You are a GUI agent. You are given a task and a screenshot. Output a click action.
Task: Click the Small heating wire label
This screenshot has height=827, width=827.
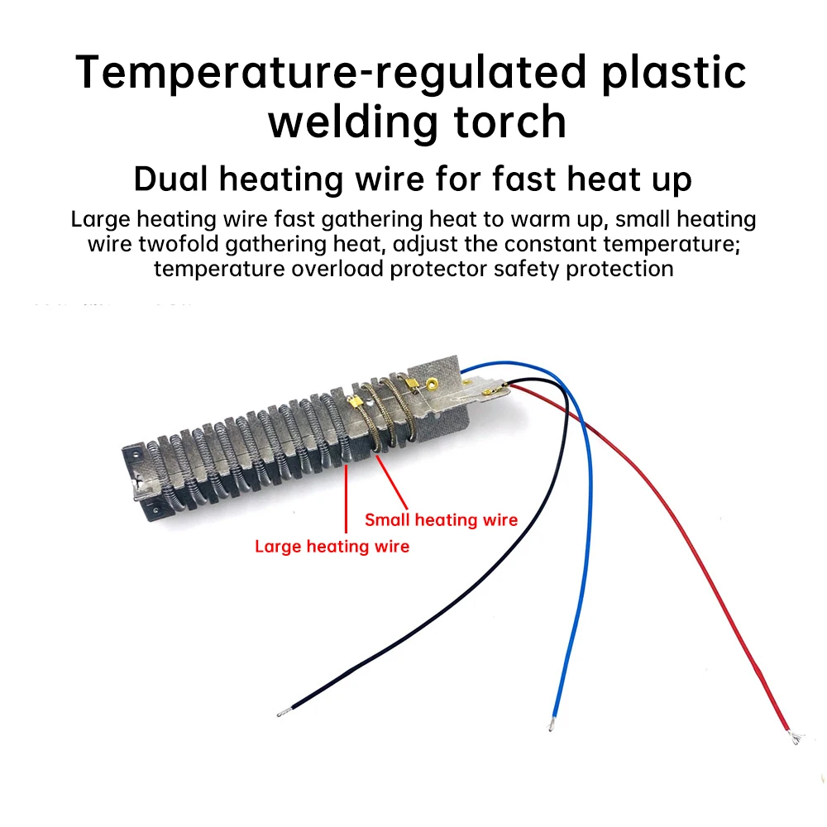(441, 519)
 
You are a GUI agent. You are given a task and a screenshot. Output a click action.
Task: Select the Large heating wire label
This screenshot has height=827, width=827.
(332, 546)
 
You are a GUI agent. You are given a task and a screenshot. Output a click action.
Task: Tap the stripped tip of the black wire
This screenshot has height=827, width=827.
(282, 711)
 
